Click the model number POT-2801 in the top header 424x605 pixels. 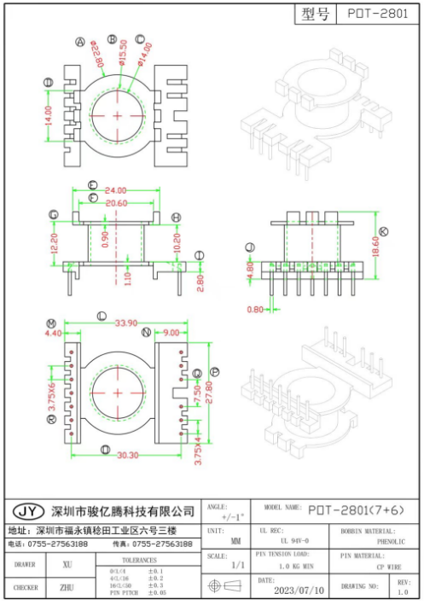(x=377, y=15)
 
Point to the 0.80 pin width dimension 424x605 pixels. (x=256, y=308)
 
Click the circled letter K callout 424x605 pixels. (x=384, y=231)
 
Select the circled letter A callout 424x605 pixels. (x=80, y=42)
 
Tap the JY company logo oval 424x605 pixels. (x=29, y=511)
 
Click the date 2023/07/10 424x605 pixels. (x=298, y=589)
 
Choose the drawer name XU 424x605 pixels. (x=67, y=564)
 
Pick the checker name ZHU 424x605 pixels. (x=67, y=587)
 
